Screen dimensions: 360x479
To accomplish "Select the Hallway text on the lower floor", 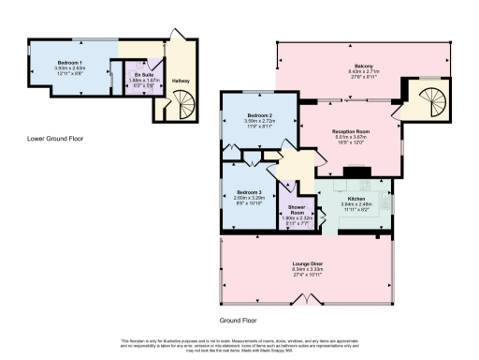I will coord(180,81).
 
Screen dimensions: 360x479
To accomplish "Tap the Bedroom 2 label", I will coord(257,115).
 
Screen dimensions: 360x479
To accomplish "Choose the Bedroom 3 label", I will coord(247,190).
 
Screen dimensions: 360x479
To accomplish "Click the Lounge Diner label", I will coord(308,262).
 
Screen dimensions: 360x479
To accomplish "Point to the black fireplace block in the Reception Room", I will coord(355,172).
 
